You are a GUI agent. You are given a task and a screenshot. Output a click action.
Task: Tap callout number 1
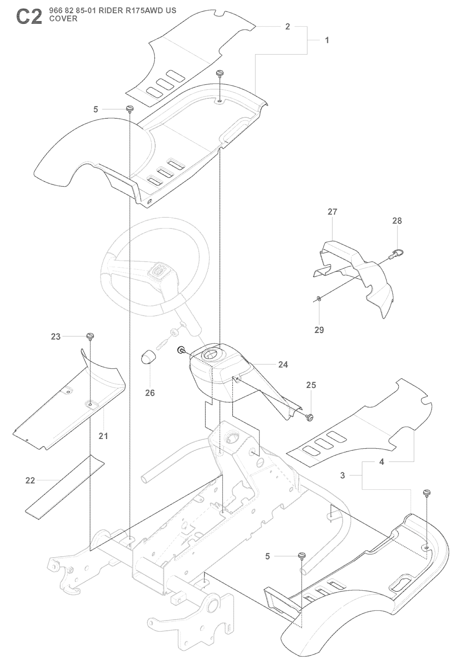(327, 40)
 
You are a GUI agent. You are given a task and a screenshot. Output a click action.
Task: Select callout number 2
(287, 27)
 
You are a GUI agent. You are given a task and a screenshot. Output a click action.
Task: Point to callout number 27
(333, 212)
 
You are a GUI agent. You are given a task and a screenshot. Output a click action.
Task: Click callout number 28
(397, 221)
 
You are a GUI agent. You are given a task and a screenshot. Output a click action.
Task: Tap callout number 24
(283, 364)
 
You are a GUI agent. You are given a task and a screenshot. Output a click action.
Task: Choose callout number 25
(311, 385)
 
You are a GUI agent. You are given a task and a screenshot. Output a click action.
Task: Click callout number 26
(150, 393)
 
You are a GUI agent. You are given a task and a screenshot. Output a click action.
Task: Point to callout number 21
(103, 436)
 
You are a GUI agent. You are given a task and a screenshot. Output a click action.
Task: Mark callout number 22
(30, 481)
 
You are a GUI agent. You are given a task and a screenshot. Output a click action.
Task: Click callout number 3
(342, 475)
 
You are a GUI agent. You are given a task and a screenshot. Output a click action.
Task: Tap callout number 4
(382, 462)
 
